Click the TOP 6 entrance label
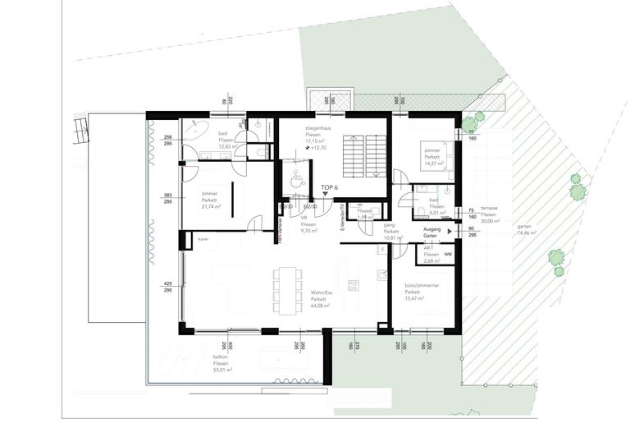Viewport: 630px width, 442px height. point(329,188)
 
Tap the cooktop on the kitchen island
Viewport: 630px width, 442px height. point(354,284)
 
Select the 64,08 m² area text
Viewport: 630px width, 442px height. point(320,306)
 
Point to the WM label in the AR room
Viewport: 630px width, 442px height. point(448,256)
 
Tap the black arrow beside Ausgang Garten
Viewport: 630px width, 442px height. point(450,232)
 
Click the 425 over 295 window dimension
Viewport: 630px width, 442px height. point(167,287)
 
